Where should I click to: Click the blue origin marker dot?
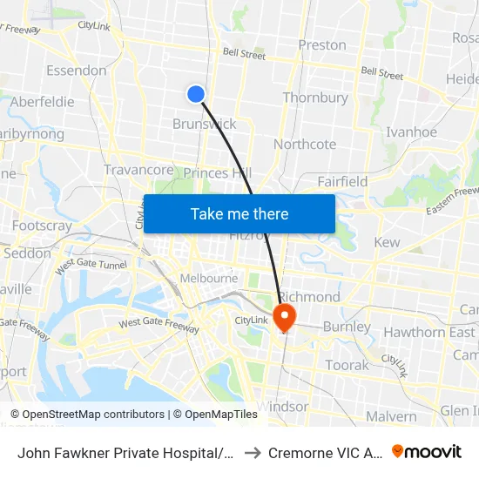tap(196, 94)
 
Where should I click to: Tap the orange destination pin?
tap(285, 315)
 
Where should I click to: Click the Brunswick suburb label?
tap(205, 124)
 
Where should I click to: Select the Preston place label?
tap(321, 44)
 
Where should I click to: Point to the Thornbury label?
tap(316, 98)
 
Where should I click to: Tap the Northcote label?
tap(305, 144)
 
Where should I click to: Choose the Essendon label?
tap(76, 70)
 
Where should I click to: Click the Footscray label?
tap(42, 226)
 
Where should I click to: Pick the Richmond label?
tap(308, 296)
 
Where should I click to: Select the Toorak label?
tap(347, 365)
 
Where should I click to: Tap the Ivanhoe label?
tap(412, 132)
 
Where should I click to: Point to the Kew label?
tap(386, 242)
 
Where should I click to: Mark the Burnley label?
tap(347, 327)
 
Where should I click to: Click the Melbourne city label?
tap(208, 278)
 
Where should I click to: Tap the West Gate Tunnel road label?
tap(91, 266)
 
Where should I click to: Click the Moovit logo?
tap(426, 452)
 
